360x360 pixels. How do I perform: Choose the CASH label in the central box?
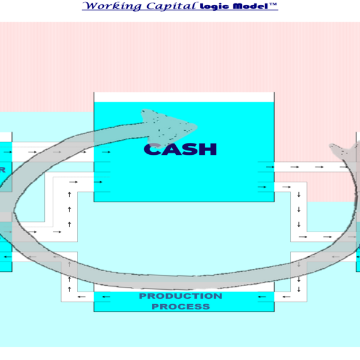point(181,149)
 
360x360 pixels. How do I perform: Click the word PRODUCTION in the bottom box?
point(181,296)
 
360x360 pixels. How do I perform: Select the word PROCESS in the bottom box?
point(181,307)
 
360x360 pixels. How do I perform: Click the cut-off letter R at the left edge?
point(2,170)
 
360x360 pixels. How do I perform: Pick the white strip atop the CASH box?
point(184,97)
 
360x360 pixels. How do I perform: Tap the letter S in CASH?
point(189,149)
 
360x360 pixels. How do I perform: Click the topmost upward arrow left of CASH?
point(70,194)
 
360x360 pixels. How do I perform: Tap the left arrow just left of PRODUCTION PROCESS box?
point(84,296)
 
